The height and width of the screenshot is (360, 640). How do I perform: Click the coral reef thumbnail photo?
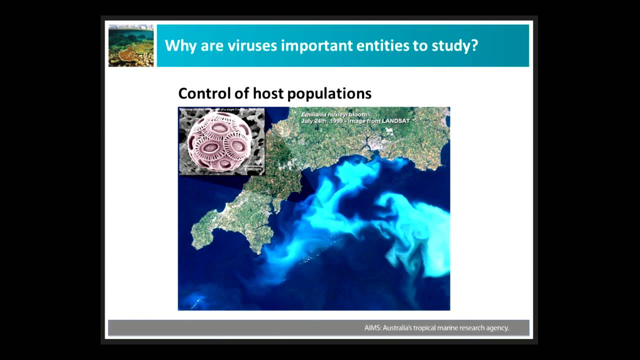[131, 45]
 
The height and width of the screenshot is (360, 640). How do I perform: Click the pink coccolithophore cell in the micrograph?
[219, 141]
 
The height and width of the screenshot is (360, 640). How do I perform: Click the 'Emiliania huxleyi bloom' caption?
[333, 114]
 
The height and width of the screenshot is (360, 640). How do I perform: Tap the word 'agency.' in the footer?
[496, 328]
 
